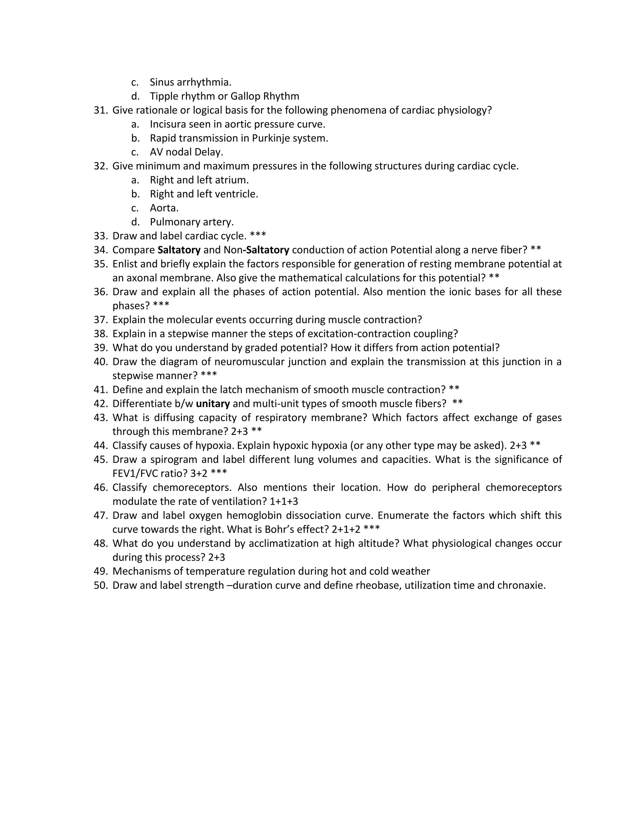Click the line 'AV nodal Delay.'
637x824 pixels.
[186, 152]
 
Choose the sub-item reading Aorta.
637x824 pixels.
[164, 208]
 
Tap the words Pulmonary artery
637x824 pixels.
[192, 222]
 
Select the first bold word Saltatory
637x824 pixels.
[179, 250]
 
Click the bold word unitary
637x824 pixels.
[213, 404]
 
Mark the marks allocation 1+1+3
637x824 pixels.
[284, 502]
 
